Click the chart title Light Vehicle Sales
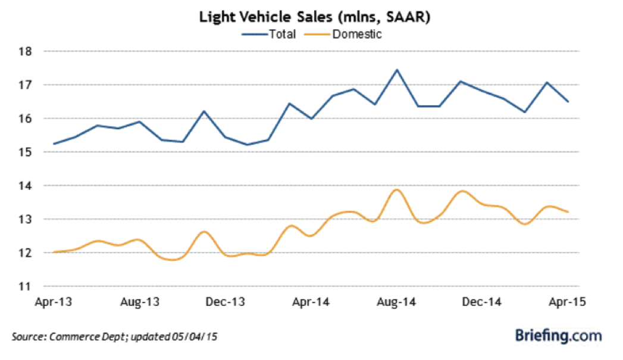tap(315, 18)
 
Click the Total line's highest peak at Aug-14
tap(397, 70)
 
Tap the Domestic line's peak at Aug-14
tap(397, 190)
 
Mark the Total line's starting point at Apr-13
tap(55, 144)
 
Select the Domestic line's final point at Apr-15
tap(568, 212)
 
